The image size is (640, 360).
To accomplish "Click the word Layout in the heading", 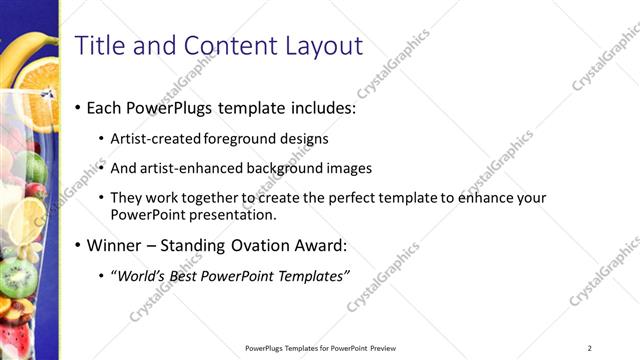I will [323, 45].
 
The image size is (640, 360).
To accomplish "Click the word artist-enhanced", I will [192, 168].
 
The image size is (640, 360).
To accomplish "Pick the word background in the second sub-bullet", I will [291, 168].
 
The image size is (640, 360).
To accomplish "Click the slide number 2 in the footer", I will [590, 348].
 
